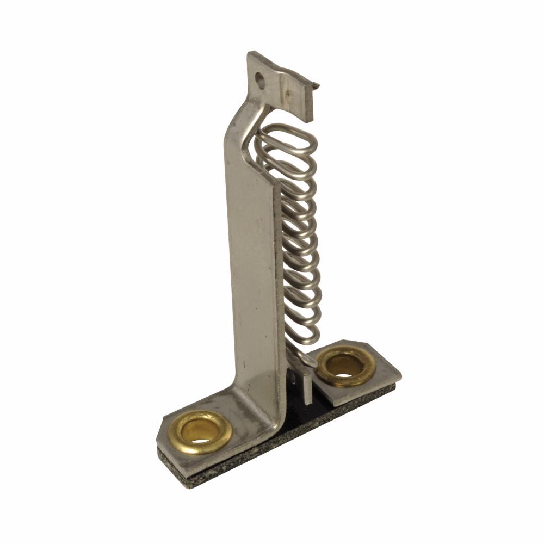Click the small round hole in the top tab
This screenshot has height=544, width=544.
262,80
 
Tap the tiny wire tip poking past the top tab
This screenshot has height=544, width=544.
317,85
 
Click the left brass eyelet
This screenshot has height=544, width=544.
200,431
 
